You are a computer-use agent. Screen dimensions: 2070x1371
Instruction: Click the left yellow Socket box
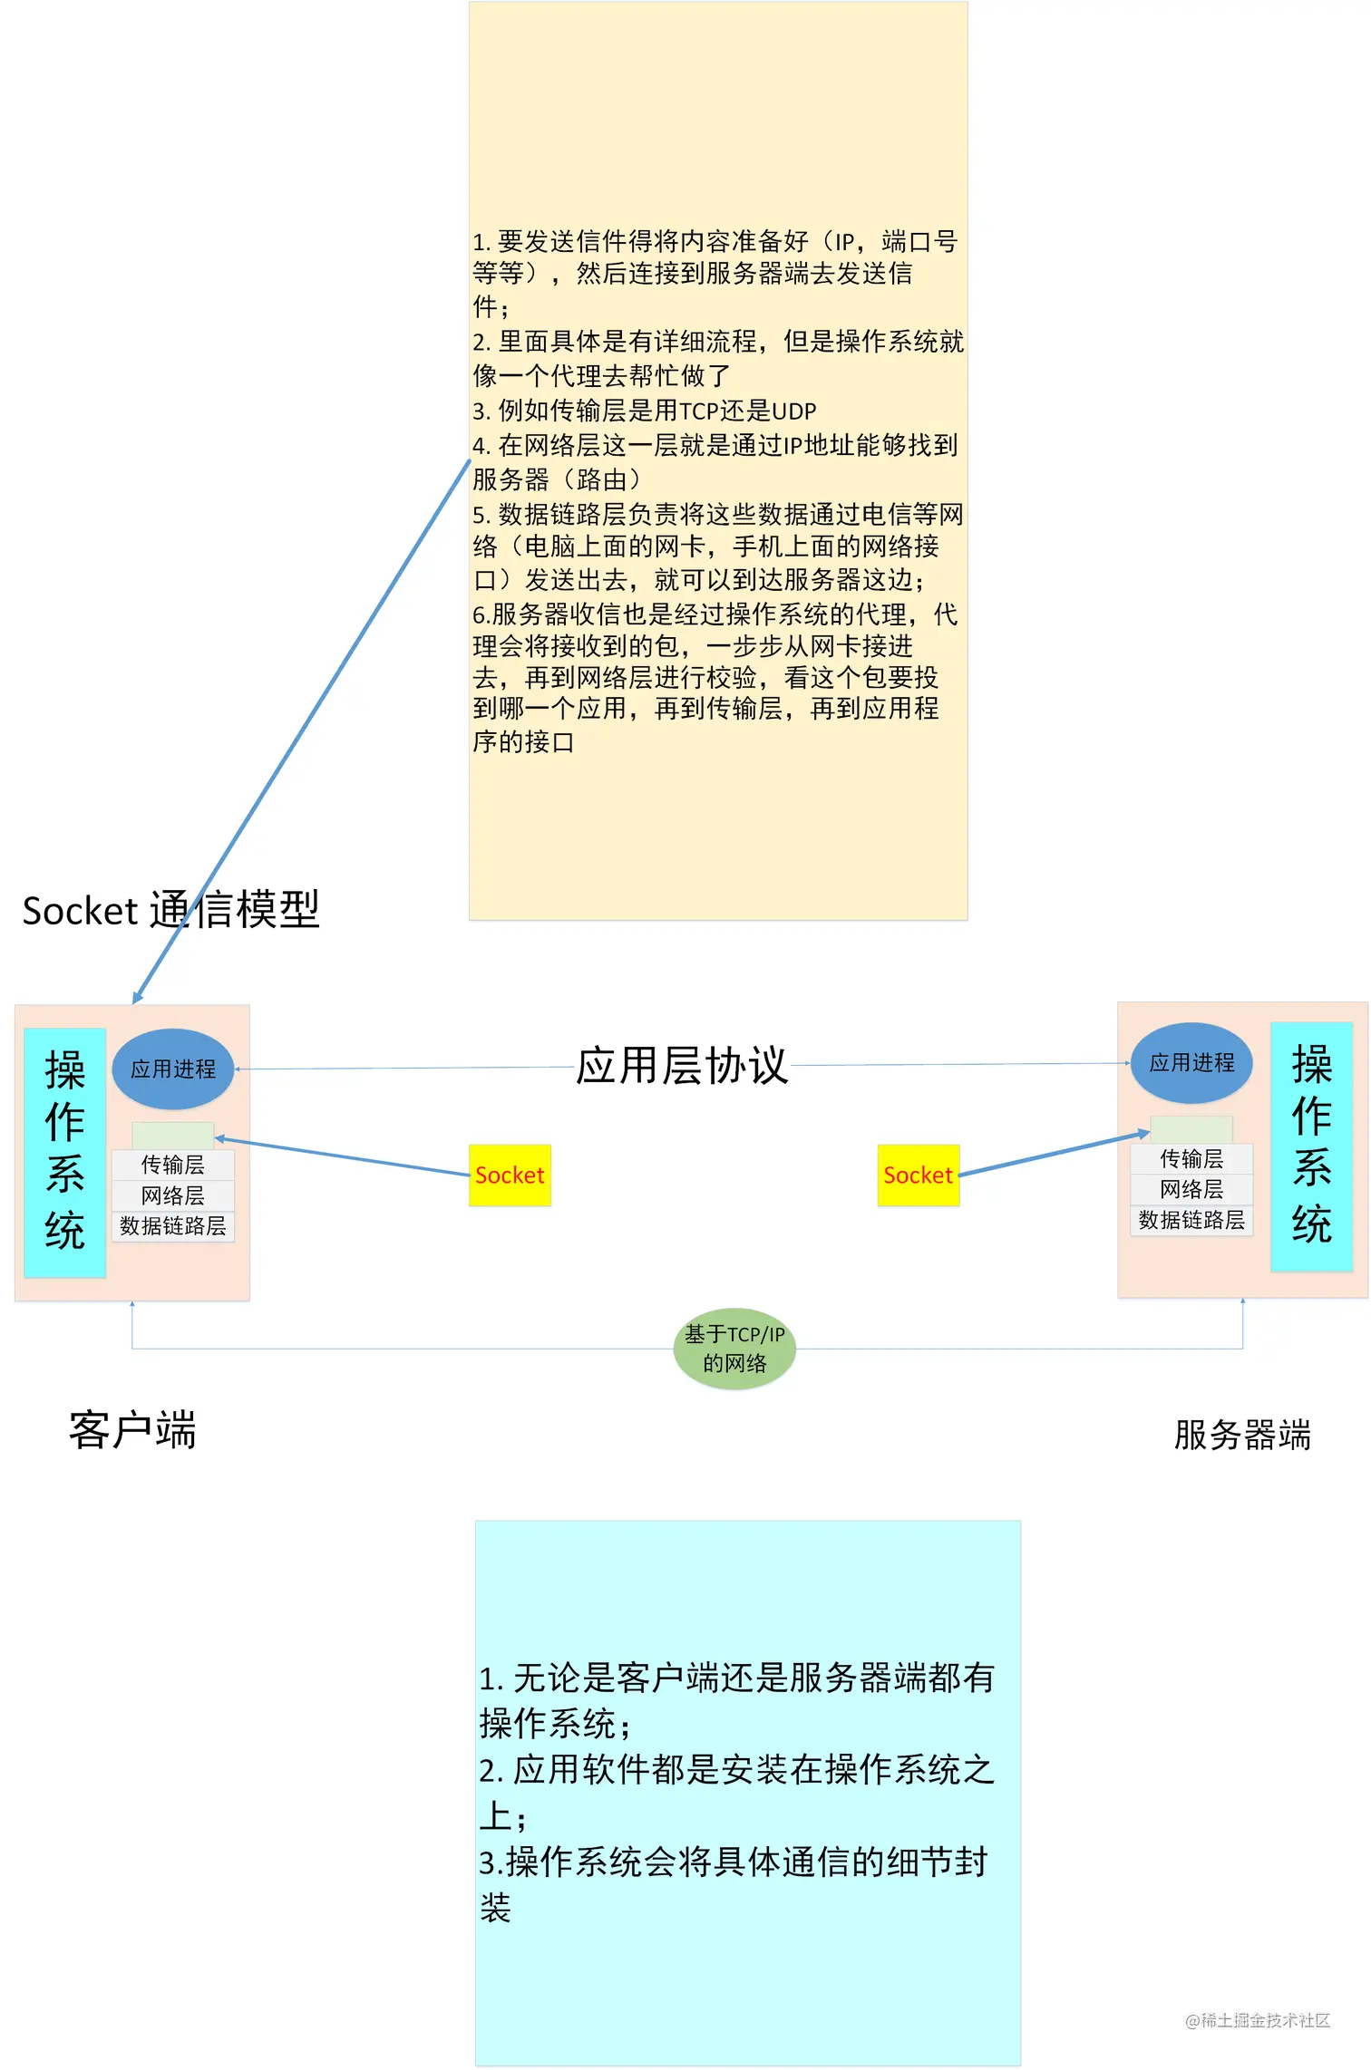[x=510, y=1175]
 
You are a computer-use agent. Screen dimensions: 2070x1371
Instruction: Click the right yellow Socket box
[x=918, y=1175]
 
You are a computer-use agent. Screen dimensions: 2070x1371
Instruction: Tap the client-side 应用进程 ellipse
[x=172, y=1069]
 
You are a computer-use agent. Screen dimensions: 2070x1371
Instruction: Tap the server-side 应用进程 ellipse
[x=1191, y=1063]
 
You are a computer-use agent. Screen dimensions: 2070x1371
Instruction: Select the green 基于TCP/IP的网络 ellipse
[x=734, y=1349]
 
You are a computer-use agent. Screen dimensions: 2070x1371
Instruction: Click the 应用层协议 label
[x=682, y=1066]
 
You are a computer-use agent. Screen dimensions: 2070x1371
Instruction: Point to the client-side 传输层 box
[x=172, y=1165]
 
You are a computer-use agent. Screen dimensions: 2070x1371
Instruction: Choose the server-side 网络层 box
[x=1191, y=1189]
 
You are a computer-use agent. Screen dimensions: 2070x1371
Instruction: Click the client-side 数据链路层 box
[x=172, y=1226]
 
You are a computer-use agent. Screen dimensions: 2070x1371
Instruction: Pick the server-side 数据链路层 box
[x=1191, y=1220]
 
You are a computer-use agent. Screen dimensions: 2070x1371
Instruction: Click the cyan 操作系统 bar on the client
[x=64, y=1151]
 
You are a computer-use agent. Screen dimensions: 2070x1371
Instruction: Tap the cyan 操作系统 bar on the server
[x=1311, y=1146]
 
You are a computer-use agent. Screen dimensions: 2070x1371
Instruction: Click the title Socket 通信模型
[x=170, y=910]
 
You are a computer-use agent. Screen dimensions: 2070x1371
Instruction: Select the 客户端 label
[x=132, y=1430]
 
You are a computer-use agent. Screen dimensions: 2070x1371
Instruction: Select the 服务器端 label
[x=1241, y=1436]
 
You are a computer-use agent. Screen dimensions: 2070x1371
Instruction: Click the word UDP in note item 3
[x=793, y=411]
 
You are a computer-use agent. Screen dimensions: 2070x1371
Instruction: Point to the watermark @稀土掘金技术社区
[x=1257, y=2020]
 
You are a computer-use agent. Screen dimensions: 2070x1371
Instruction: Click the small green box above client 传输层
[x=172, y=1136]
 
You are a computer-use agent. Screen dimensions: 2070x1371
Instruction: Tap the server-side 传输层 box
[x=1191, y=1158]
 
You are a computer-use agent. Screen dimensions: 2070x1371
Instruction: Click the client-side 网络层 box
[x=172, y=1195]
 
